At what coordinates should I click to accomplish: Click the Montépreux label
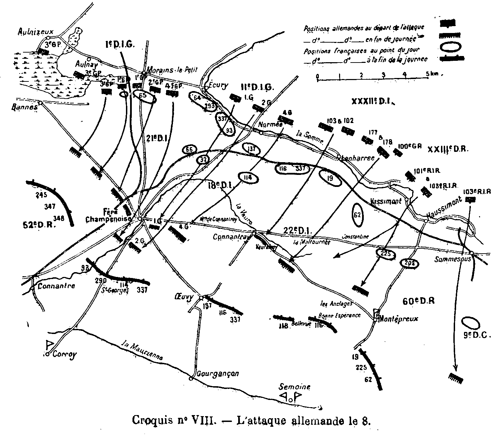click(398, 319)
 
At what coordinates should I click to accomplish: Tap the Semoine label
click(295, 387)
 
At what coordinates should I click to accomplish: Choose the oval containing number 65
click(143, 96)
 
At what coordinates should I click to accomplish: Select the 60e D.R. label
click(418, 301)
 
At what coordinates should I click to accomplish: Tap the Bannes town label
click(24, 107)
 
